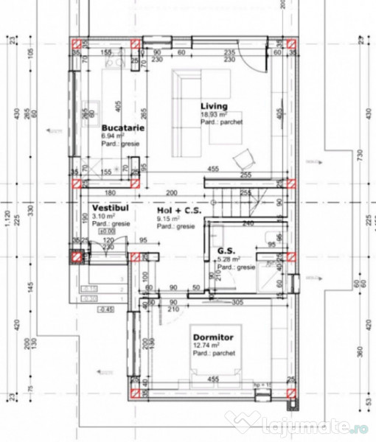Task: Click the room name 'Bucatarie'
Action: [122, 127]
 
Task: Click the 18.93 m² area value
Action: [213, 116]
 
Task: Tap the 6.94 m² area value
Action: [114, 136]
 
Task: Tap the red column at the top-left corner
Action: [76, 43]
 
